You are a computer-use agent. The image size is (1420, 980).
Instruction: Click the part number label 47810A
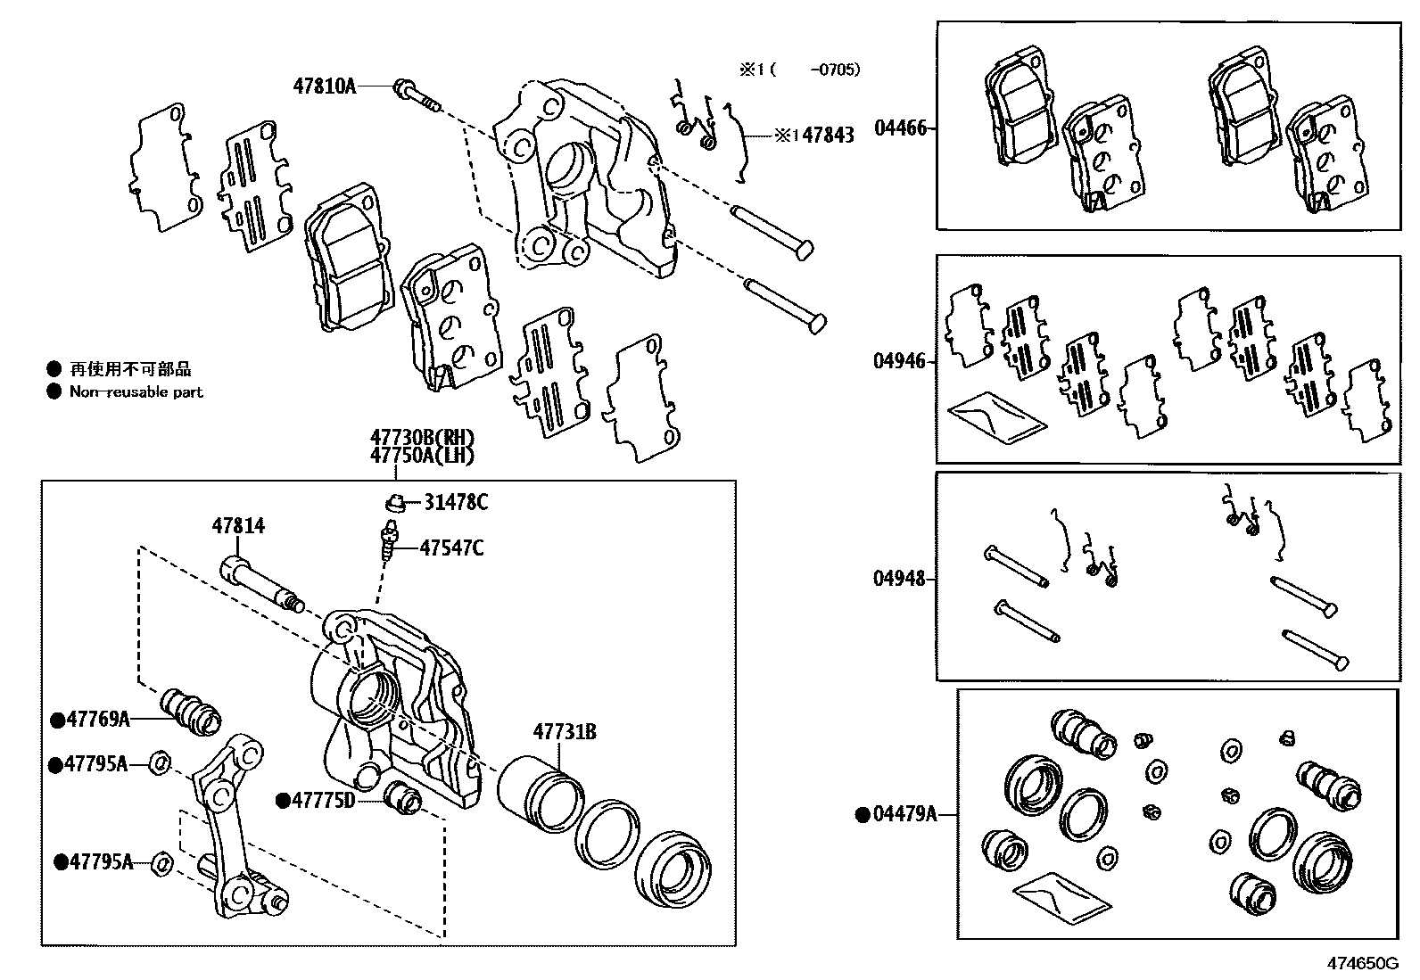(324, 86)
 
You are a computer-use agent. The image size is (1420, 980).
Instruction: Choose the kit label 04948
(899, 579)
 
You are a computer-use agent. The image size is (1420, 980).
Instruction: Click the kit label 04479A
(904, 813)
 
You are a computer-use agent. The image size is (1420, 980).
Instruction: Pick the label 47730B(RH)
(423, 438)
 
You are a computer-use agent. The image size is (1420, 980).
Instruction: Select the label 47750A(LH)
(423, 456)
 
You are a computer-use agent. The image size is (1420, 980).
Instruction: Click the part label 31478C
(455, 503)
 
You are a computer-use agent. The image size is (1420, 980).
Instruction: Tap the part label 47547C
(451, 548)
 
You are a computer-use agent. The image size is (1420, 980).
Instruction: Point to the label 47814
(238, 526)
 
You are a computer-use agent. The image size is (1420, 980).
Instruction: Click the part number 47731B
(565, 732)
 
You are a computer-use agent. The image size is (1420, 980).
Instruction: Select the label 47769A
(99, 719)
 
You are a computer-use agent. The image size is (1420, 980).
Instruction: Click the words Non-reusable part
(136, 391)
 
